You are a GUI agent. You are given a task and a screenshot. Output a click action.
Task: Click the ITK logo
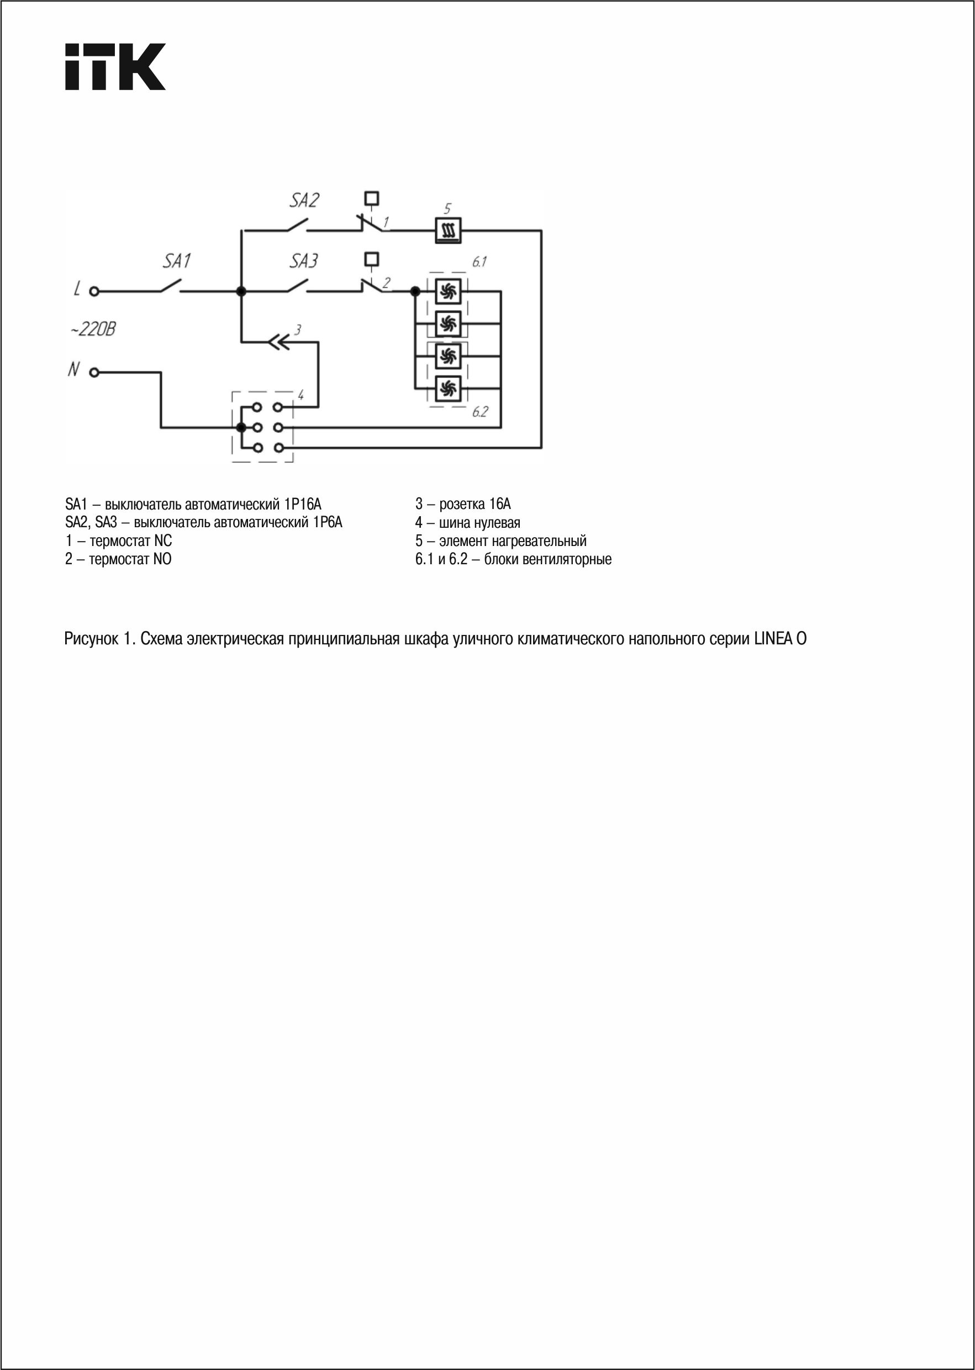115,67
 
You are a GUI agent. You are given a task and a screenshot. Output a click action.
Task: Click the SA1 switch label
177,261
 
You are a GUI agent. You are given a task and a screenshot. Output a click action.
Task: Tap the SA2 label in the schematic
304,200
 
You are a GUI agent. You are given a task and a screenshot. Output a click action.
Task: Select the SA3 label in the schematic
304,261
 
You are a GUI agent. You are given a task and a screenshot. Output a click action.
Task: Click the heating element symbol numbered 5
448,230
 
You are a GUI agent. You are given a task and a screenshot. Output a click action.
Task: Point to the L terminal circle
94,292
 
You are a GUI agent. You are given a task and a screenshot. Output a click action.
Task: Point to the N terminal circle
94,372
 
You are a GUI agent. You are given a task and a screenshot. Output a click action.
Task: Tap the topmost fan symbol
447,292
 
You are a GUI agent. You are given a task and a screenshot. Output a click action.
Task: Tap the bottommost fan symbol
447,389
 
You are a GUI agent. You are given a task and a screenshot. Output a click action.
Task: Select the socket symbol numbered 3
278,342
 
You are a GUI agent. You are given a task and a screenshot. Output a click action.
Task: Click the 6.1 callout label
479,262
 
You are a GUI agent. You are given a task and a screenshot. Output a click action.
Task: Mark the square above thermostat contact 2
372,258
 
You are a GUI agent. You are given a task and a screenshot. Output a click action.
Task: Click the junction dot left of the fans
415,292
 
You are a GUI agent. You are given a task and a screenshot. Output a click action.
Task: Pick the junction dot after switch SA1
241,292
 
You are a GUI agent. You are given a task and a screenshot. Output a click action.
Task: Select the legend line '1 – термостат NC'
118,540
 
